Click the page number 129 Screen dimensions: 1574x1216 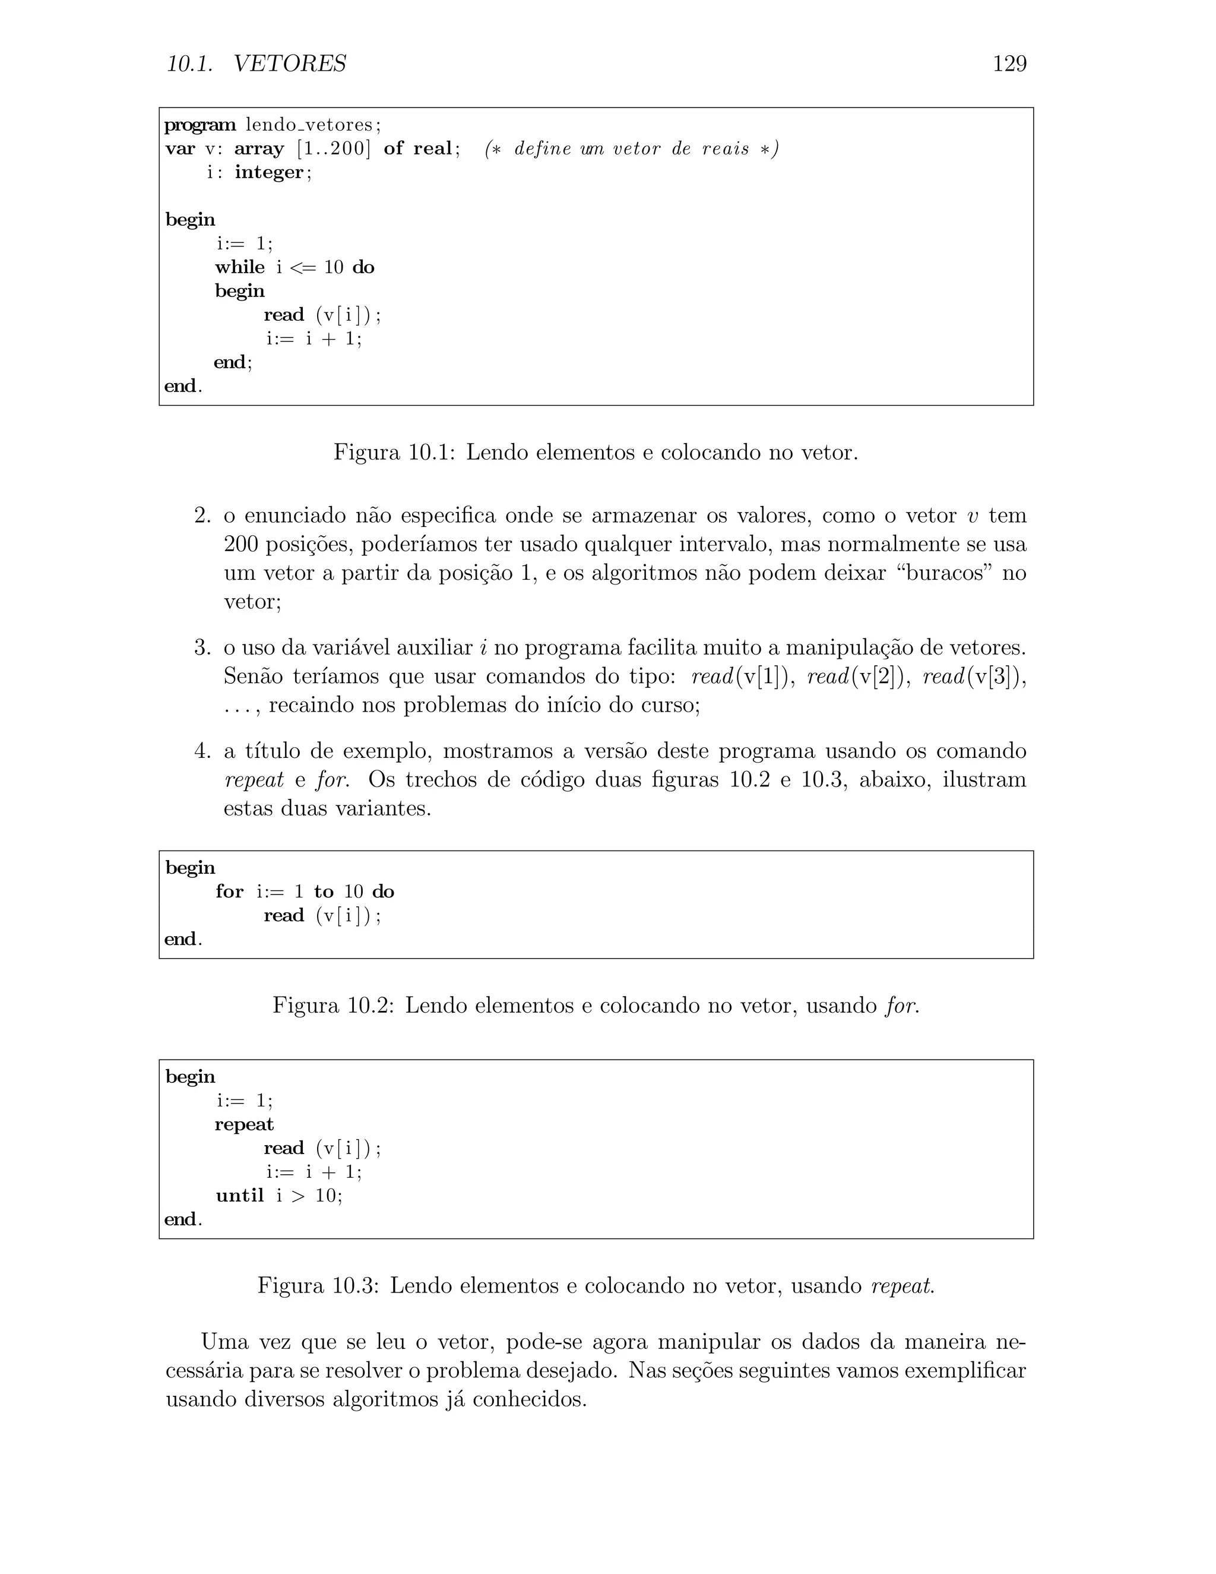[1009, 64]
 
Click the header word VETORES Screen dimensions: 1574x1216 [290, 64]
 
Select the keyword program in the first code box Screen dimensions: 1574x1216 [199, 125]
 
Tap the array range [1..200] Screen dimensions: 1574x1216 [334, 148]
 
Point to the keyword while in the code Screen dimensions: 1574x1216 [239, 267]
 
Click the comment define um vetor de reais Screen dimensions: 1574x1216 [632, 148]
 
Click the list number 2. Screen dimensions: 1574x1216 [202, 516]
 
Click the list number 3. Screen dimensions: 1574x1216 [202, 648]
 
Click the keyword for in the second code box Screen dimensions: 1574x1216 [230, 892]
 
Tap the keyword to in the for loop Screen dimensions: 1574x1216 [324, 892]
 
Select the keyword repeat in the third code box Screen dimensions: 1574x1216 [244, 1125]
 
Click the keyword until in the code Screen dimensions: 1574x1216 [240, 1196]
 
